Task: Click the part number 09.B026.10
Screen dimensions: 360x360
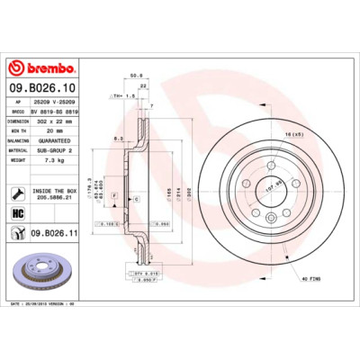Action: tap(42, 87)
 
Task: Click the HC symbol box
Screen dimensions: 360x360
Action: tap(18, 213)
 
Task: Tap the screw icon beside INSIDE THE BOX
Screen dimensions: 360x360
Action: tap(18, 192)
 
